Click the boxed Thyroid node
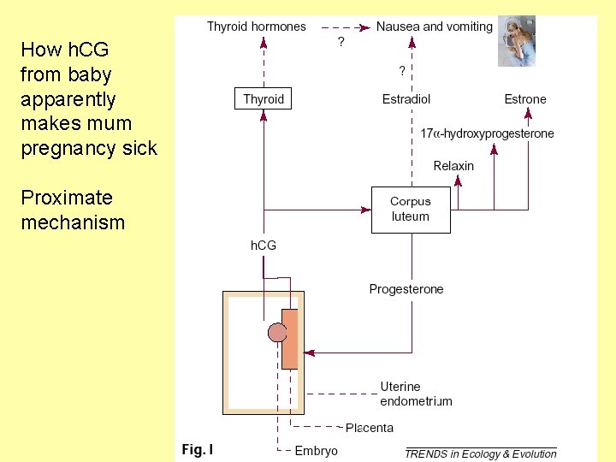click(x=263, y=99)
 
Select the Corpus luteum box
click(x=410, y=209)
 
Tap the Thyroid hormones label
click(x=256, y=27)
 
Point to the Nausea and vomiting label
click(x=434, y=27)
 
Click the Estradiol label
click(x=406, y=99)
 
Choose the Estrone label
click(x=524, y=99)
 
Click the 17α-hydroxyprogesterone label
click(x=487, y=133)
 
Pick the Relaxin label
click(x=453, y=166)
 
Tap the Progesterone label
click(x=406, y=289)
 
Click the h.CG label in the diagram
click(x=263, y=246)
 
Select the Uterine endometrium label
click(x=416, y=394)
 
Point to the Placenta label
click(x=370, y=428)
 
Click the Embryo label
click(x=316, y=451)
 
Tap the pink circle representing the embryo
click(x=277, y=332)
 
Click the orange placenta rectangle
click(x=290, y=339)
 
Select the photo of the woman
click(x=517, y=40)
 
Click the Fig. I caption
click(x=197, y=449)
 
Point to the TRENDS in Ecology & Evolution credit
click(x=481, y=453)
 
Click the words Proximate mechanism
click(x=73, y=210)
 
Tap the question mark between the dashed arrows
click(x=341, y=42)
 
